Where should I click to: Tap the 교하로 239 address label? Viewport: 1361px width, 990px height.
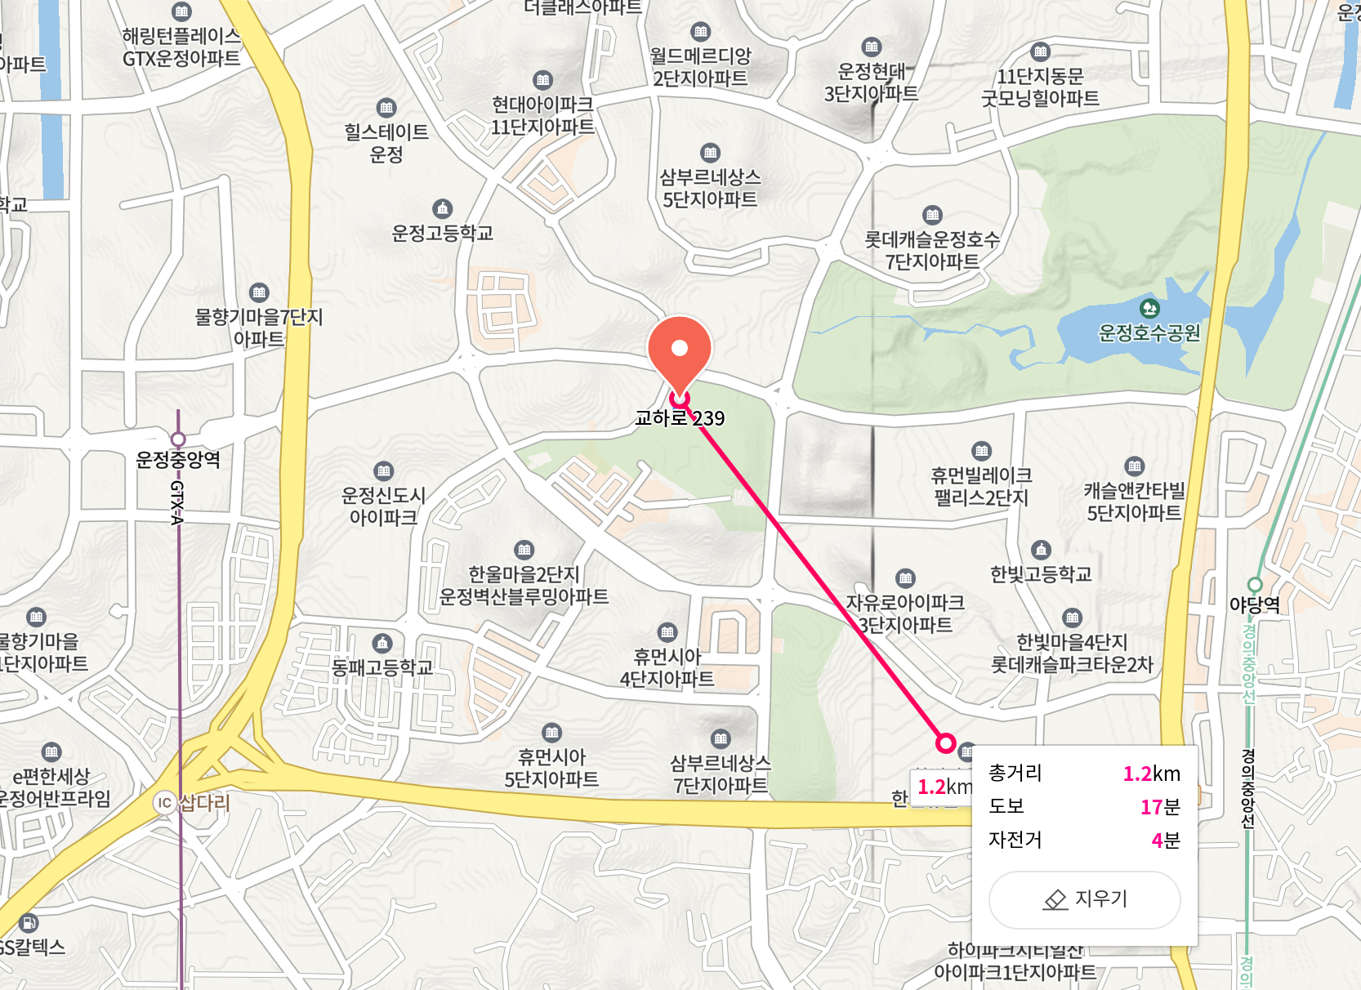[680, 418]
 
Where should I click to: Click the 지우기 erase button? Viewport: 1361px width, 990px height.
[1084, 899]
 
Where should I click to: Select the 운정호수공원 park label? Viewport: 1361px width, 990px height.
[1149, 332]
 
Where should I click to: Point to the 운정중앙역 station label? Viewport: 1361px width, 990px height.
[178, 460]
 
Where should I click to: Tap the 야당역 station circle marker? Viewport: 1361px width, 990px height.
[1255, 584]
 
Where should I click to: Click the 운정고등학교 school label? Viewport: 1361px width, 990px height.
[442, 234]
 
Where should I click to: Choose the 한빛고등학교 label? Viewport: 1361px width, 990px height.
[1041, 574]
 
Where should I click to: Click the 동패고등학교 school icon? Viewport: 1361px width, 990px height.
[382, 643]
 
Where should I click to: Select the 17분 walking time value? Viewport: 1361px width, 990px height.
[1160, 807]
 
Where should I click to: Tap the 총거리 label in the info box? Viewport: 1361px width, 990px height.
[1015, 773]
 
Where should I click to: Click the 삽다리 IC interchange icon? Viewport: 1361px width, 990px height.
[165, 802]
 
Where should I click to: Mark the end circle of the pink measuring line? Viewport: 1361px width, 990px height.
[945, 742]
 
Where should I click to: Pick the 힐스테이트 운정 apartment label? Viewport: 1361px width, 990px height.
[386, 143]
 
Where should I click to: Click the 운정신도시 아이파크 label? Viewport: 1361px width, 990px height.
[383, 506]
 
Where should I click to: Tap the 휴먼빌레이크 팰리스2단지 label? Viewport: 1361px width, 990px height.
[981, 487]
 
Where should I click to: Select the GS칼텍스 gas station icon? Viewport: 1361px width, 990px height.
[29, 923]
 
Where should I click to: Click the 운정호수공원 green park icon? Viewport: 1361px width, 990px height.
[1149, 308]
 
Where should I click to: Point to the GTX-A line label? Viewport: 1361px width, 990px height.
[177, 502]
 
